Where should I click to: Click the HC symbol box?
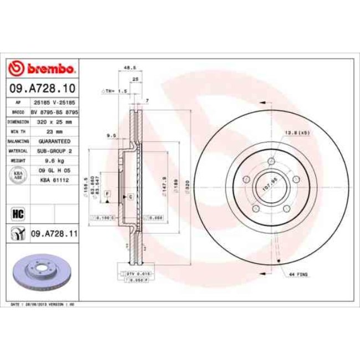click(x=17, y=213)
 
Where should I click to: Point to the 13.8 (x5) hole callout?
click(x=297, y=133)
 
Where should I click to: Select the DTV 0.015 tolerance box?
click(x=136, y=274)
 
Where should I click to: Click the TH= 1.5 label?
click(x=115, y=90)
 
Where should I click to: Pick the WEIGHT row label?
click(x=16, y=160)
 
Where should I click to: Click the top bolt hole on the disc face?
click(x=271, y=162)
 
